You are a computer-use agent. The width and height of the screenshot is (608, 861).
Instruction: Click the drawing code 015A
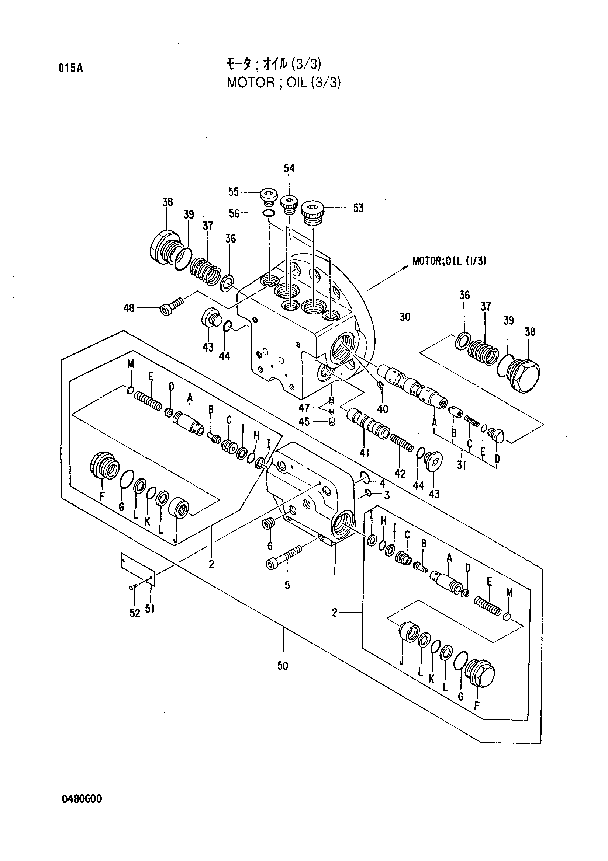(x=70, y=68)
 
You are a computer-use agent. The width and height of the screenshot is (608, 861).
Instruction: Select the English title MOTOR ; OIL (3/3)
(x=284, y=82)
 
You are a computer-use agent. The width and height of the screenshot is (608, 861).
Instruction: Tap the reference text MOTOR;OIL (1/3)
(x=450, y=261)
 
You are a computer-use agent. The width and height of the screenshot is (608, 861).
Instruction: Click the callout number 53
(x=359, y=208)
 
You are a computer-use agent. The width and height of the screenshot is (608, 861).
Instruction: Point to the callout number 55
(x=234, y=192)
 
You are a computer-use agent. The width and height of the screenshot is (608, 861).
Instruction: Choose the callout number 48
(x=129, y=309)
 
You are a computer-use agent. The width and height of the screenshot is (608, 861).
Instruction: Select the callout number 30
(x=405, y=317)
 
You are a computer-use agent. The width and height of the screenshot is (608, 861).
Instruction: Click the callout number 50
(x=283, y=666)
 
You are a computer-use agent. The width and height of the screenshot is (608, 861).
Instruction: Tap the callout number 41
(x=364, y=453)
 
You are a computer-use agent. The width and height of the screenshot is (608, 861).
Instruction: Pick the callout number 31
(x=461, y=466)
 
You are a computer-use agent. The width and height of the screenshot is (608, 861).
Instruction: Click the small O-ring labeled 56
(x=268, y=213)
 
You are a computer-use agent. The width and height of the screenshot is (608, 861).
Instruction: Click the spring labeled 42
(x=401, y=443)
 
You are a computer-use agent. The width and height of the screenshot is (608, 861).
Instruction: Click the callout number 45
(x=304, y=422)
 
